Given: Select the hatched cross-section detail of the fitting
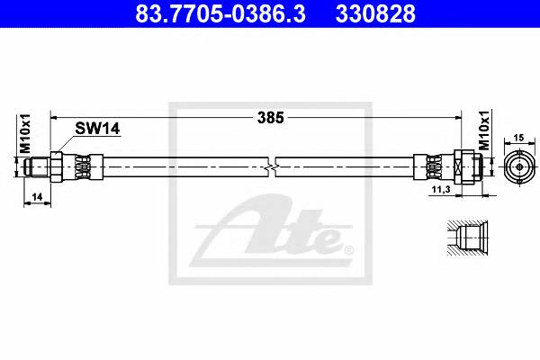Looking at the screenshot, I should pos(466,236).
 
